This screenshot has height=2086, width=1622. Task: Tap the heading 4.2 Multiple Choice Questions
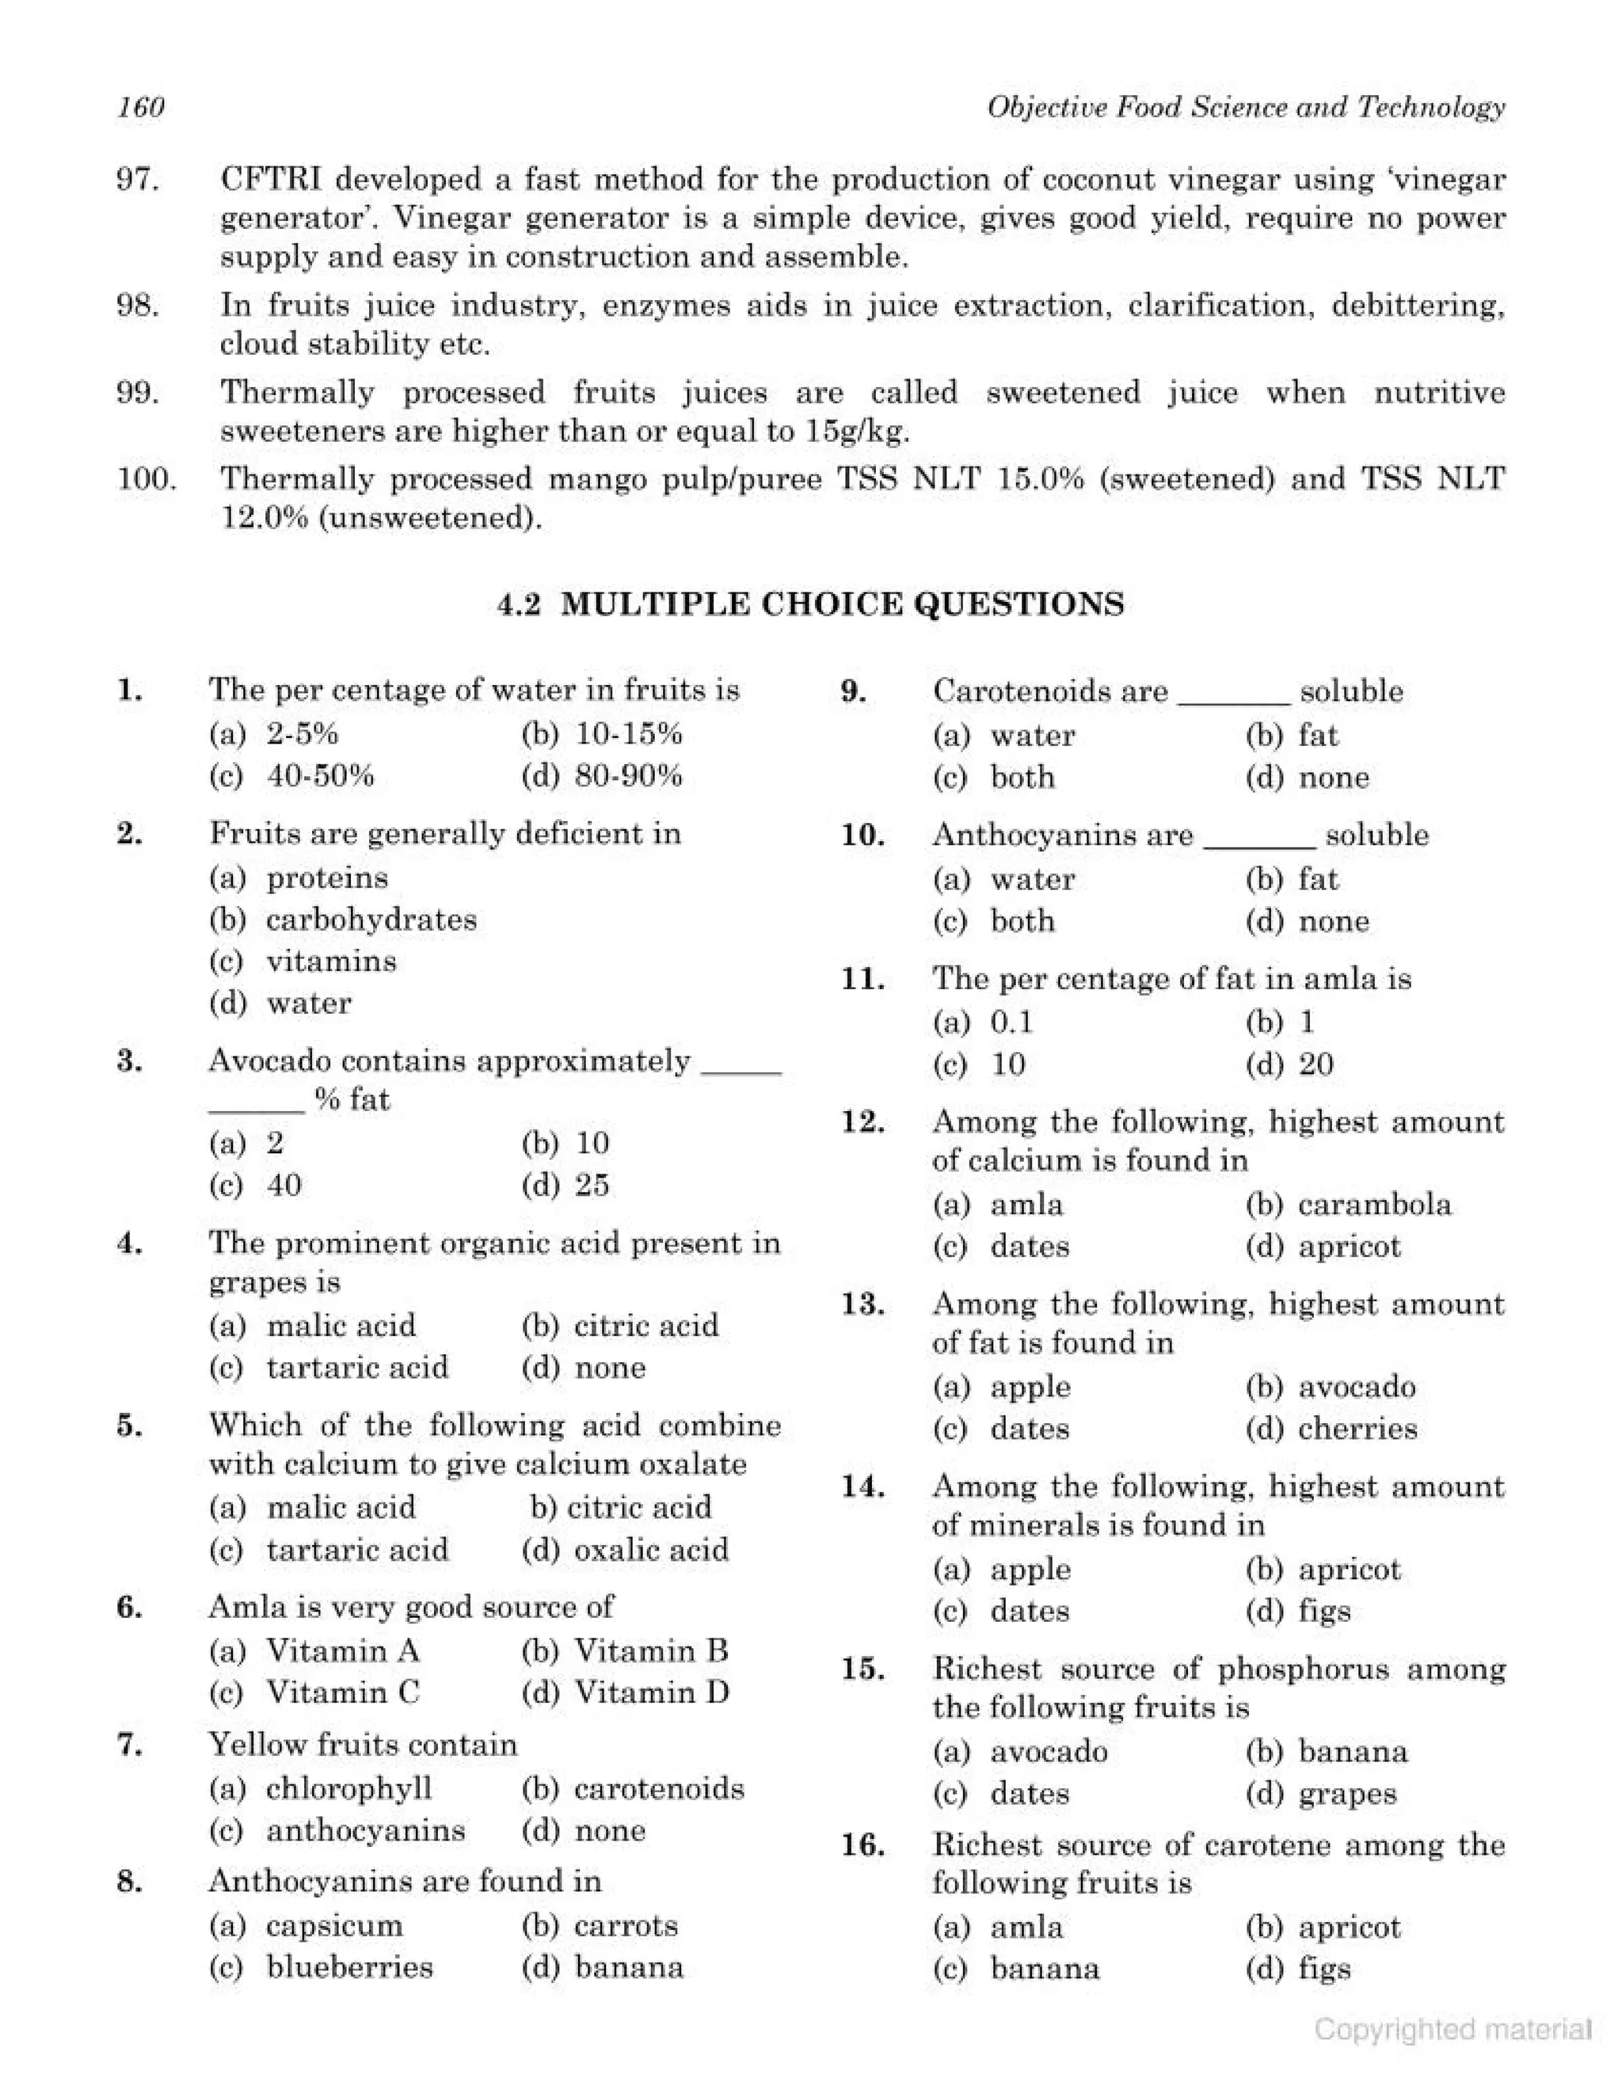(x=811, y=604)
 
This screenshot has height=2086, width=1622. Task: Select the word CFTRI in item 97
(x=272, y=180)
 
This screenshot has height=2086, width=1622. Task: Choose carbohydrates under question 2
(x=371, y=919)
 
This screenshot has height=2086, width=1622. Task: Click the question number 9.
(x=853, y=691)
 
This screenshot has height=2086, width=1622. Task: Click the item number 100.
(x=147, y=478)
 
